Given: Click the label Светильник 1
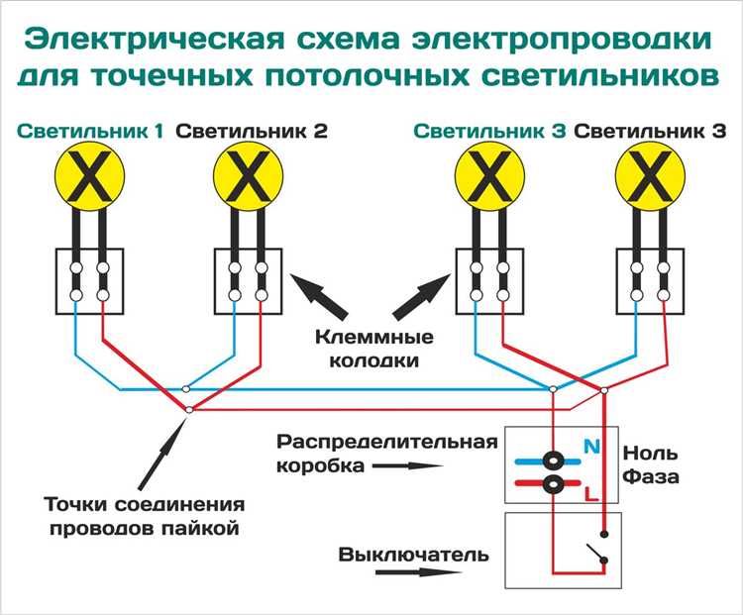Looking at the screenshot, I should coord(90,131).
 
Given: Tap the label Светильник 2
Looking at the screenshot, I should coord(252,131).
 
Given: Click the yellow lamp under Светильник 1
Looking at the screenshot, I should coord(90,179).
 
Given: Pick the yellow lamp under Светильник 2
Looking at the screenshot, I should coord(249,179).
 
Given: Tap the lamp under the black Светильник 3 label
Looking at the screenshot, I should coord(651,179).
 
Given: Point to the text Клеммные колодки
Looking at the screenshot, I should coord(369,349).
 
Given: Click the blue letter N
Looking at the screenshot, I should coord(592,448).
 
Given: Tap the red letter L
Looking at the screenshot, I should coord(591,492).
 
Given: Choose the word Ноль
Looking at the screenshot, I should coord(650,454).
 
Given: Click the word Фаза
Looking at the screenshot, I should coord(651,477).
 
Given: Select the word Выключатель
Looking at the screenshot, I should coord(413,555).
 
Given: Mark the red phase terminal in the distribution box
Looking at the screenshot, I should coord(555,484).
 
